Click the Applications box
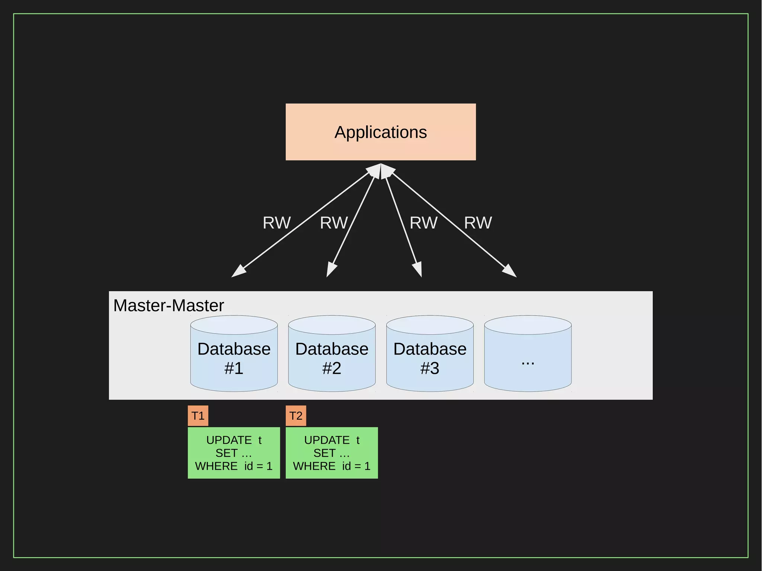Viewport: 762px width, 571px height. pyautogui.click(x=381, y=132)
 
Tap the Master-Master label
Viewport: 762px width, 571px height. pyautogui.click(x=169, y=305)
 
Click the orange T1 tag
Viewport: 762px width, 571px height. pyautogui.click(x=198, y=416)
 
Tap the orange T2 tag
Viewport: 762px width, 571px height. pyautogui.click(x=296, y=416)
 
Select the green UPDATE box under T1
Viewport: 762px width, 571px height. pyautogui.click(x=234, y=453)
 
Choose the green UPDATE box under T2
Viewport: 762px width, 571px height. pyautogui.click(x=332, y=453)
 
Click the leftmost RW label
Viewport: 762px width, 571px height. pyautogui.click(x=276, y=223)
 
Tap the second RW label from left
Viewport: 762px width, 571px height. pyautogui.click(x=334, y=223)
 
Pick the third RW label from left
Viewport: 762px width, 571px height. pyautogui.click(x=423, y=223)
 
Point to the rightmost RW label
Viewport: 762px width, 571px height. pyautogui.click(x=478, y=223)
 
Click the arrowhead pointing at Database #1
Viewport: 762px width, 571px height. pyautogui.click(x=238, y=272)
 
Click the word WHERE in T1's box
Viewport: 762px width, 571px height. pyautogui.click(x=216, y=466)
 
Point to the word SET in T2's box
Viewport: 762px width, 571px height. pyautogui.click(x=324, y=453)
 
